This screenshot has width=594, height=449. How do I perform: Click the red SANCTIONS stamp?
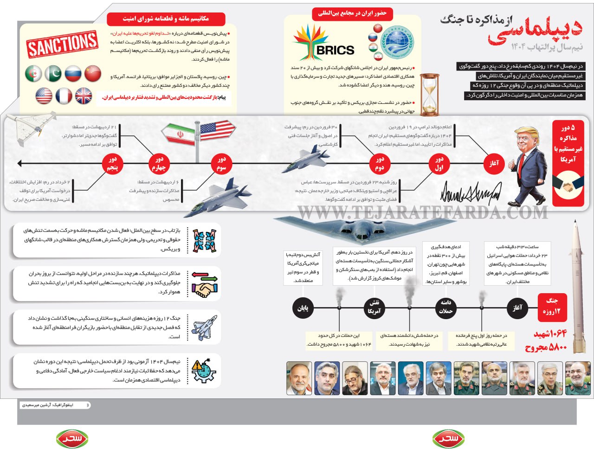coord(62,45)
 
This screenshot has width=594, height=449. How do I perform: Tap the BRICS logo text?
coord(335,50)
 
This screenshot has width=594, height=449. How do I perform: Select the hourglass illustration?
coord(429,94)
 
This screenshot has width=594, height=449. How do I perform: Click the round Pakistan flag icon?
coord(53,74)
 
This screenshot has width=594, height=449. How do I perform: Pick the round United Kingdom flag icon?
coord(84,96)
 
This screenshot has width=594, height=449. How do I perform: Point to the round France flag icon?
coord(64,96)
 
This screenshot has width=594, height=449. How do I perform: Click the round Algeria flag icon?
coord(33,74)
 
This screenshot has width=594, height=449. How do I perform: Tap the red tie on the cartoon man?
coord(522,167)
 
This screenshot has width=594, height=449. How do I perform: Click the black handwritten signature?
coord(471,192)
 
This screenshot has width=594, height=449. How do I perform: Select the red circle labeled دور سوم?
coord(221,164)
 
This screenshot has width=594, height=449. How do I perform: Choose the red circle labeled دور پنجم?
coord(113,164)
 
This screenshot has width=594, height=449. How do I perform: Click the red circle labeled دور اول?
coord(439,164)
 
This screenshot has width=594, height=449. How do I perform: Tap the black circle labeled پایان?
coord(303,308)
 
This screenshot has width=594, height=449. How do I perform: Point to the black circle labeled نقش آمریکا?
coord(374,308)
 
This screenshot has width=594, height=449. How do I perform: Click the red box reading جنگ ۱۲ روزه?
coord(552,306)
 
